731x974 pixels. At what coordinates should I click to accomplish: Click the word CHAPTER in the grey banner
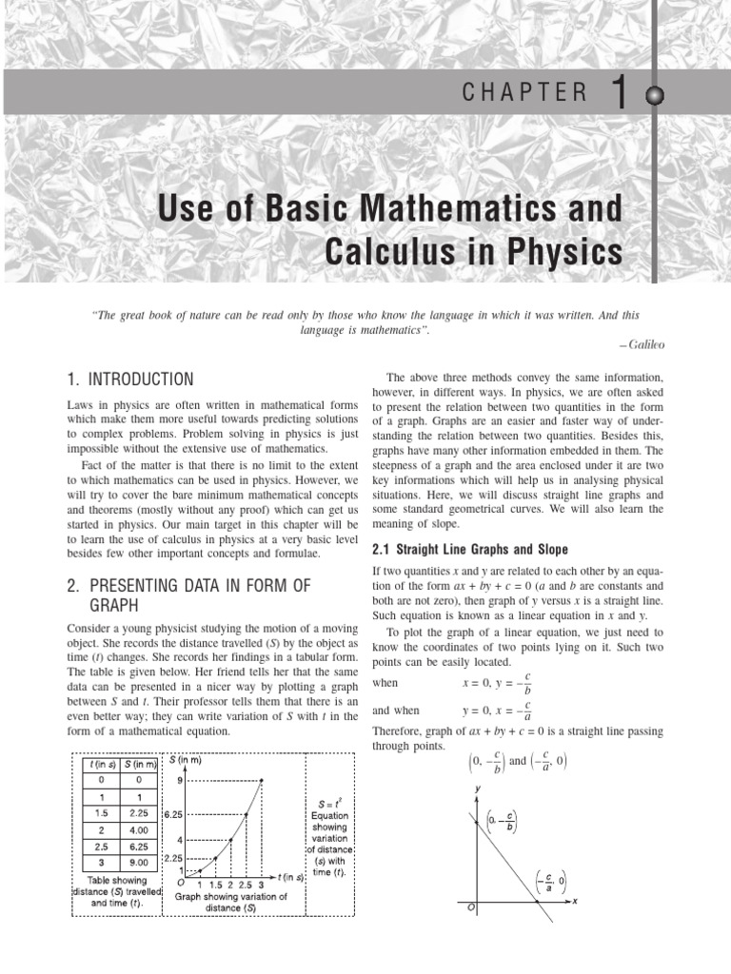[x=524, y=92]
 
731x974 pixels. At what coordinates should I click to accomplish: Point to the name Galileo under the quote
[x=644, y=344]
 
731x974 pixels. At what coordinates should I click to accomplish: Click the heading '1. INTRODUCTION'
[x=130, y=380]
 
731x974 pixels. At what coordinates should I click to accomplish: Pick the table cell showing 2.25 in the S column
[x=141, y=812]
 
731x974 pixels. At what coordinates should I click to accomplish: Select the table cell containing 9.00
[x=141, y=864]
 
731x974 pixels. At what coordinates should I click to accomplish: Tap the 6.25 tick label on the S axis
[x=172, y=815]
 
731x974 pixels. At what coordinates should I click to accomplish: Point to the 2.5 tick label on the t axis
[x=244, y=885]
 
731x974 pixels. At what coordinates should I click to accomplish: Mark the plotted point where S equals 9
[x=262, y=781]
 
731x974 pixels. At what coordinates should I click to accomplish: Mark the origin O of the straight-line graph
[x=470, y=908]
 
